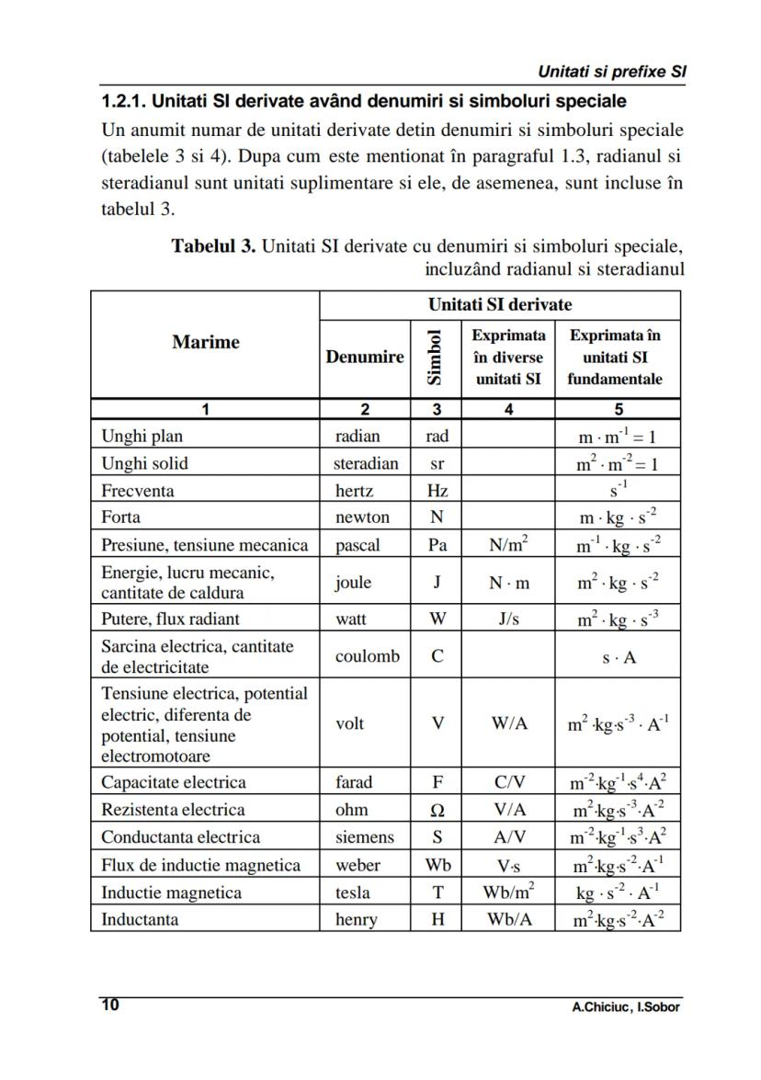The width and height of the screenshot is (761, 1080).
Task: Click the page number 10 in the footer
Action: tap(109, 1005)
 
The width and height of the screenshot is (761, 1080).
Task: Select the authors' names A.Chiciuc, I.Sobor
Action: tap(625, 1006)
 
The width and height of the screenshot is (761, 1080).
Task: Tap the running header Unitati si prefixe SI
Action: tap(613, 71)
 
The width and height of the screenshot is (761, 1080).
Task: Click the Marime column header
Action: tap(205, 342)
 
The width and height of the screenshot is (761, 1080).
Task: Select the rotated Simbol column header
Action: tap(436, 357)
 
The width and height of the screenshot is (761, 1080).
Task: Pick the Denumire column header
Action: tap(364, 357)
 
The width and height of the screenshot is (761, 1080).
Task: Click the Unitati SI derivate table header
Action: tap(499, 304)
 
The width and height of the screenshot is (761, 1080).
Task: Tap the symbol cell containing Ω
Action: tap(437, 810)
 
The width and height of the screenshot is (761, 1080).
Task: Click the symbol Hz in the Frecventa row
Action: tap(437, 491)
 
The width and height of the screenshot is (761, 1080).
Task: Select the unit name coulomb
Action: tap(367, 656)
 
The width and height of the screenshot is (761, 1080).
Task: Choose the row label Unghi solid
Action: tap(144, 463)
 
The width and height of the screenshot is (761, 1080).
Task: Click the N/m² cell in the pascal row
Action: tap(508, 545)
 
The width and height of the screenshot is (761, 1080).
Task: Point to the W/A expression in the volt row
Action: tap(508, 723)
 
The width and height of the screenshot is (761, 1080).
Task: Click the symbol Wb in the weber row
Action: tap(437, 865)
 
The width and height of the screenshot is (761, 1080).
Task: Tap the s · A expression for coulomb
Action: tap(618, 657)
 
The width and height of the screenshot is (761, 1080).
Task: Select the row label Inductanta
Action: tap(140, 919)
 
